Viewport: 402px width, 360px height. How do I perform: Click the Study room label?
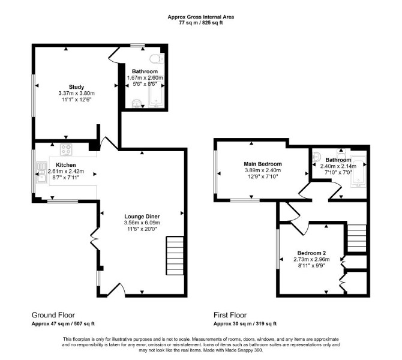tap(76, 87)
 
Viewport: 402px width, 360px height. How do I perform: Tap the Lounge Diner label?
tap(142, 217)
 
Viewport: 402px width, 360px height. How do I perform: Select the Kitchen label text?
tap(66, 165)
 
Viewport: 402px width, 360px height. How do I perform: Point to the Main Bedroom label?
tap(263, 164)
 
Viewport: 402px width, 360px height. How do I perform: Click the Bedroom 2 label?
tap(311, 253)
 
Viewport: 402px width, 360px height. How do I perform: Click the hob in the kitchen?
tap(66, 150)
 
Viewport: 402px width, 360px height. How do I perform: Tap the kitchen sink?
tap(42, 173)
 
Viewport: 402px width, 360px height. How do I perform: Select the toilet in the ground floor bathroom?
tap(157, 59)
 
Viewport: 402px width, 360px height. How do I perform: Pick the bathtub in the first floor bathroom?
tap(358, 171)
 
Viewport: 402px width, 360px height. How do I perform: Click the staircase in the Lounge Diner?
tap(175, 256)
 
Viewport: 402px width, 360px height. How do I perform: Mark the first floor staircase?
tap(356, 238)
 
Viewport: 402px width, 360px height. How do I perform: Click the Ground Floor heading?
tap(53, 315)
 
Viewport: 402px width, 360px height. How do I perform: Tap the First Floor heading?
tap(230, 315)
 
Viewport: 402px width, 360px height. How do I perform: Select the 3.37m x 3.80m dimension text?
tap(76, 94)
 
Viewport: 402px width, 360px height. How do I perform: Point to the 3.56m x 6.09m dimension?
tap(142, 223)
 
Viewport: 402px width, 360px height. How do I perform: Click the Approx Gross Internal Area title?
tap(201, 17)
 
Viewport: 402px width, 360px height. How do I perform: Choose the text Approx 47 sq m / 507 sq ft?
tap(63, 323)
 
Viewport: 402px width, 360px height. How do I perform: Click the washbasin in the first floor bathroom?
tap(316, 156)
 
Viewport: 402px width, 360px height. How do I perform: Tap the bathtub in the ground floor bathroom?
tap(156, 94)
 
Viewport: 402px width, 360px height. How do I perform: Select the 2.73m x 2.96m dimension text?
tap(311, 259)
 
